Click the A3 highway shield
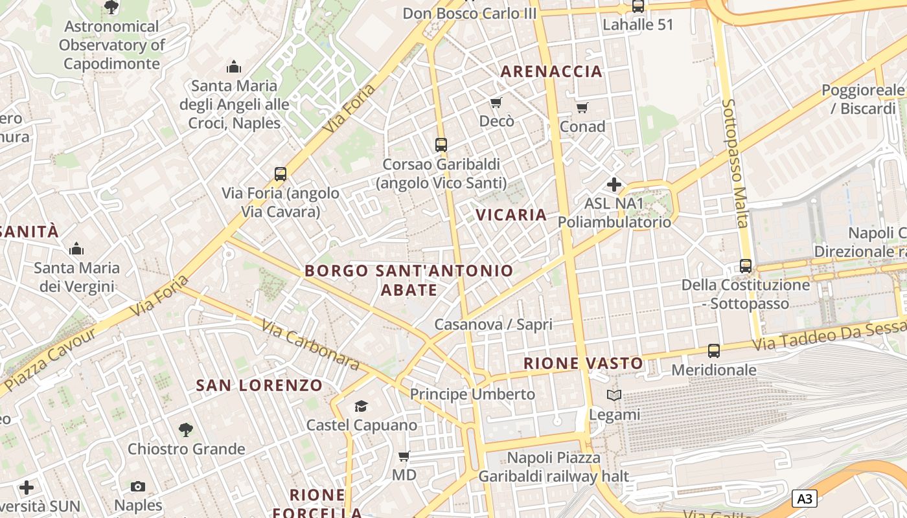[804, 499]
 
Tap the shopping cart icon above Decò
[496, 102]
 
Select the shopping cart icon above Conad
[582, 107]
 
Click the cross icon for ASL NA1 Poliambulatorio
[614, 185]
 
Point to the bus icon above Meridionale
[713, 351]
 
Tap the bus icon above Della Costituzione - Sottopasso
[746, 266]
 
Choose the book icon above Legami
[614, 395]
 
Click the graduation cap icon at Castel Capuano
[361, 406]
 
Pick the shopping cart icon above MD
[404, 456]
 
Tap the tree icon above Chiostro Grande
[186, 429]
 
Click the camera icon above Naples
[138, 486]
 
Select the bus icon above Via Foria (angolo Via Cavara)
[281, 174]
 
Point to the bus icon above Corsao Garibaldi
[441, 145]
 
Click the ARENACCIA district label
[551, 71]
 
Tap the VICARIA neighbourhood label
[511, 215]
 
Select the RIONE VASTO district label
[583, 363]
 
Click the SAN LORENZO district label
[259, 385]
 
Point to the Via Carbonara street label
[311, 344]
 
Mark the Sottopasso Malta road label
[735, 163]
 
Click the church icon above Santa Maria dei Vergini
[76, 249]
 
